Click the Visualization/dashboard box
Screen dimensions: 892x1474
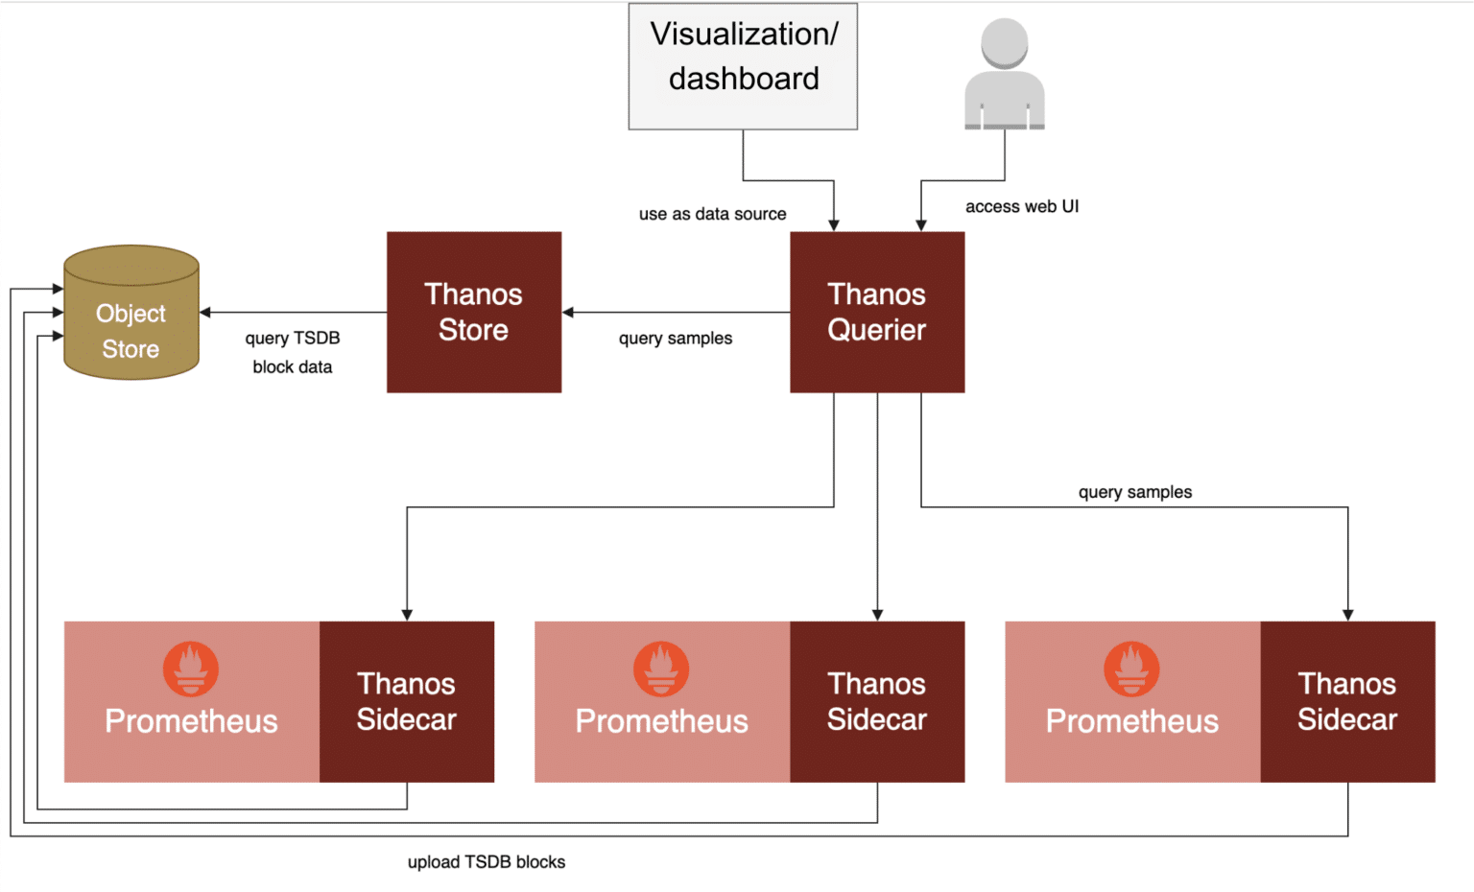[x=743, y=66]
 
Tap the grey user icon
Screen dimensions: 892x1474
[x=1004, y=75]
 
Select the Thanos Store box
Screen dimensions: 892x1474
[x=473, y=312]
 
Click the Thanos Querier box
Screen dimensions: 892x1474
[x=876, y=312]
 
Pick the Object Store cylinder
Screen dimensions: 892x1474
[x=131, y=314]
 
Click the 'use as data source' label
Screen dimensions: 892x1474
[x=712, y=214]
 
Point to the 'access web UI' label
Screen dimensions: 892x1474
[x=1021, y=206]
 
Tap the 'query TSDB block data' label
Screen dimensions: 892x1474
[x=292, y=352]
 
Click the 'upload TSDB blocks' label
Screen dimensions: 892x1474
[x=486, y=862]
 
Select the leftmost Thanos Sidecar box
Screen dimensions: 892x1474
[x=406, y=701]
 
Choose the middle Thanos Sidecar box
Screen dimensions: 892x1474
[x=876, y=701]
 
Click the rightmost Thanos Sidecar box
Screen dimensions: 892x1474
[x=1346, y=701]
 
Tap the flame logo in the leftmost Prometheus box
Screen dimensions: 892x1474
[x=191, y=669]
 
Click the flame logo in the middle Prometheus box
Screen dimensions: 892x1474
[x=661, y=669]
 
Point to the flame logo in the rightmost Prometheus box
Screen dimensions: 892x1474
[x=1131, y=669]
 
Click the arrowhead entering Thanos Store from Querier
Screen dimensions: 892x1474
[x=568, y=313]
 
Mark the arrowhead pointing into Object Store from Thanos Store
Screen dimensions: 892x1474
[x=205, y=313]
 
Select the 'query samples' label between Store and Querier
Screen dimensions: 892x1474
[x=675, y=339]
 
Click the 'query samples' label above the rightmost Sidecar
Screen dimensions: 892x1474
[x=1134, y=492]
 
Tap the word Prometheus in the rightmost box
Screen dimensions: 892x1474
[x=1131, y=721]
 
